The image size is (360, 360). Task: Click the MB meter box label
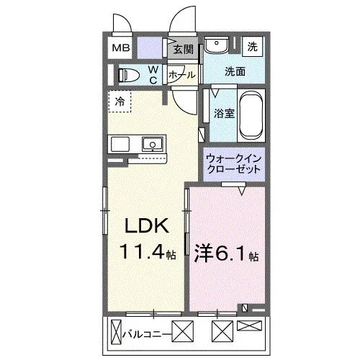click(121, 48)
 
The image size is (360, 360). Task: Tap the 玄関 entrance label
click(184, 50)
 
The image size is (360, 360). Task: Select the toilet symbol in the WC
click(129, 76)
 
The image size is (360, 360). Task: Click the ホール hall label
click(181, 75)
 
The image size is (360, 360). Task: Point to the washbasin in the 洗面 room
click(216, 45)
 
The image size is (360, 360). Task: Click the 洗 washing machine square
click(252, 46)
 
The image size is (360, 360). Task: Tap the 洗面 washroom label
click(235, 71)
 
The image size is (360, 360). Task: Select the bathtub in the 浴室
click(251, 115)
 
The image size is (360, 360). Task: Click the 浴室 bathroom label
click(224, 113)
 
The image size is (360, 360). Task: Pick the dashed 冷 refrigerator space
click(120, 101)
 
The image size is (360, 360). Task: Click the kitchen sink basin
click(153, 144)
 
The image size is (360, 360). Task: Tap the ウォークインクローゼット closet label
click(233, 164)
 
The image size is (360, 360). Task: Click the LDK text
click(146, 225)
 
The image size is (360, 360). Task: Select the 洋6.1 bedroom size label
click(226, 253)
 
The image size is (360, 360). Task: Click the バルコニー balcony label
click(147, 334)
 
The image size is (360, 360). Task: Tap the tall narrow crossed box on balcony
click(117, 332)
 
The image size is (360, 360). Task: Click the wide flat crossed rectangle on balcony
click(249, 325)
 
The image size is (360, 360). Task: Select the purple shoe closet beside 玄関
click(149, 48)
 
